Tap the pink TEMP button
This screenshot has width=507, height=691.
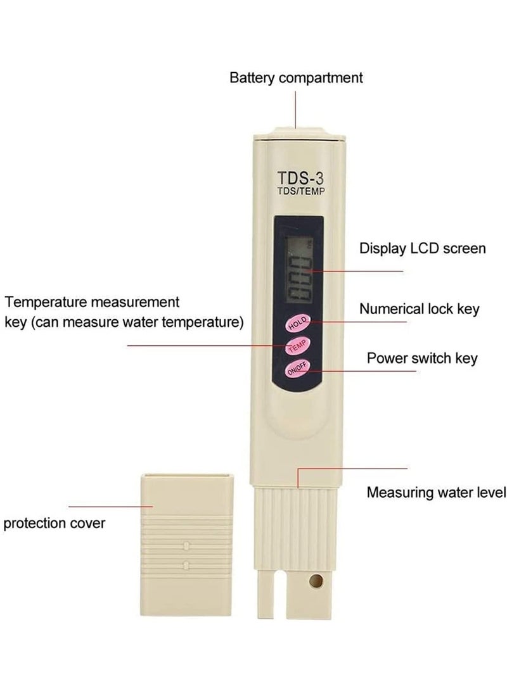point(298,346)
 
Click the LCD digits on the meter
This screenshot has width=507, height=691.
point(299,279)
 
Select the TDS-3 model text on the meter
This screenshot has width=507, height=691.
point(300,178)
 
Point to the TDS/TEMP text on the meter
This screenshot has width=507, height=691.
point(300,191)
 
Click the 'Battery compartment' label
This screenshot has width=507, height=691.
point(296,78)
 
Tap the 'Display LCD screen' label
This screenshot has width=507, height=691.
point(422,248)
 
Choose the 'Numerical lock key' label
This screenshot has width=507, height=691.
point(420,309)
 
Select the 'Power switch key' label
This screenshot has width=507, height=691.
point(422,358)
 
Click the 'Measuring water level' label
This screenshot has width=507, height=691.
point(436,492)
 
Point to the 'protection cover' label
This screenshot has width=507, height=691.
point(55,524)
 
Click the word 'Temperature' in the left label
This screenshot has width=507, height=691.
point(44,303)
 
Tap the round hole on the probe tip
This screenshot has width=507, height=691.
point(316,581)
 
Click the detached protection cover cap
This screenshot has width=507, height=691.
point(186,545)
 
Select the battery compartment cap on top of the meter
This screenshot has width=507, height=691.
point(299,134)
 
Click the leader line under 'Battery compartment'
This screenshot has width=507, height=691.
point(295,110)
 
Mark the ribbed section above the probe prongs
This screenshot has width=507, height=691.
point(295,527)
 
